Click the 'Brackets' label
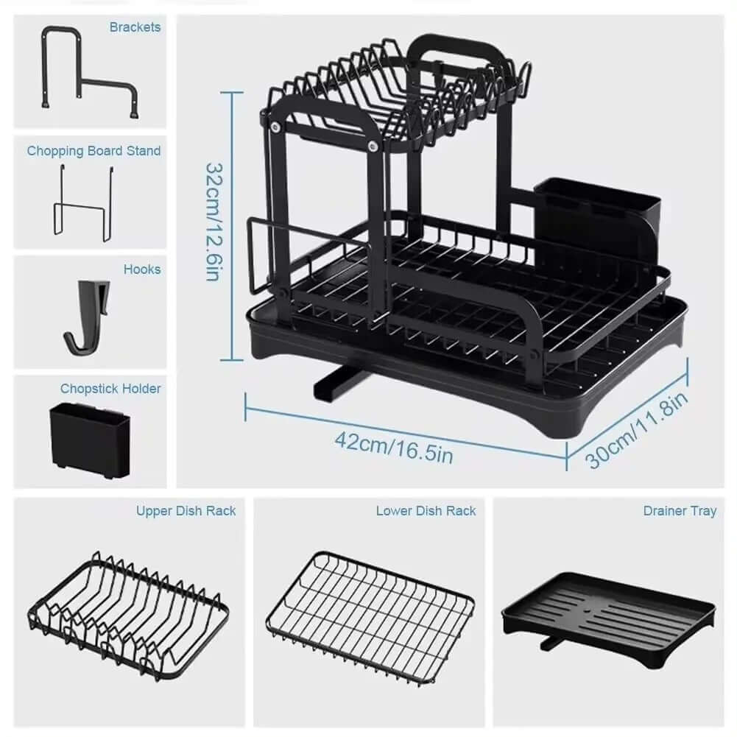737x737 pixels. click(x=135, y=27)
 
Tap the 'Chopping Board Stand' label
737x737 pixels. click(x=94, y=151)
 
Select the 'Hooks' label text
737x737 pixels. click(x=142, y=269)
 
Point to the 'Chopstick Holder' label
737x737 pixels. click(x=110, y=388)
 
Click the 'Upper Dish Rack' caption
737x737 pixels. click(x=186, y=510)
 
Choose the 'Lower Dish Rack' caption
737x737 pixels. click(x=426, y=510)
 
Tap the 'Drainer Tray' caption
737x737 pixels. click(x=679, y=510)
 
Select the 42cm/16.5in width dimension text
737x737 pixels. click(x=393, y=447)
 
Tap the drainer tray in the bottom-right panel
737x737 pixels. click(x=608, y=614)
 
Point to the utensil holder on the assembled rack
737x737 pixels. click(x=596, y=219)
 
